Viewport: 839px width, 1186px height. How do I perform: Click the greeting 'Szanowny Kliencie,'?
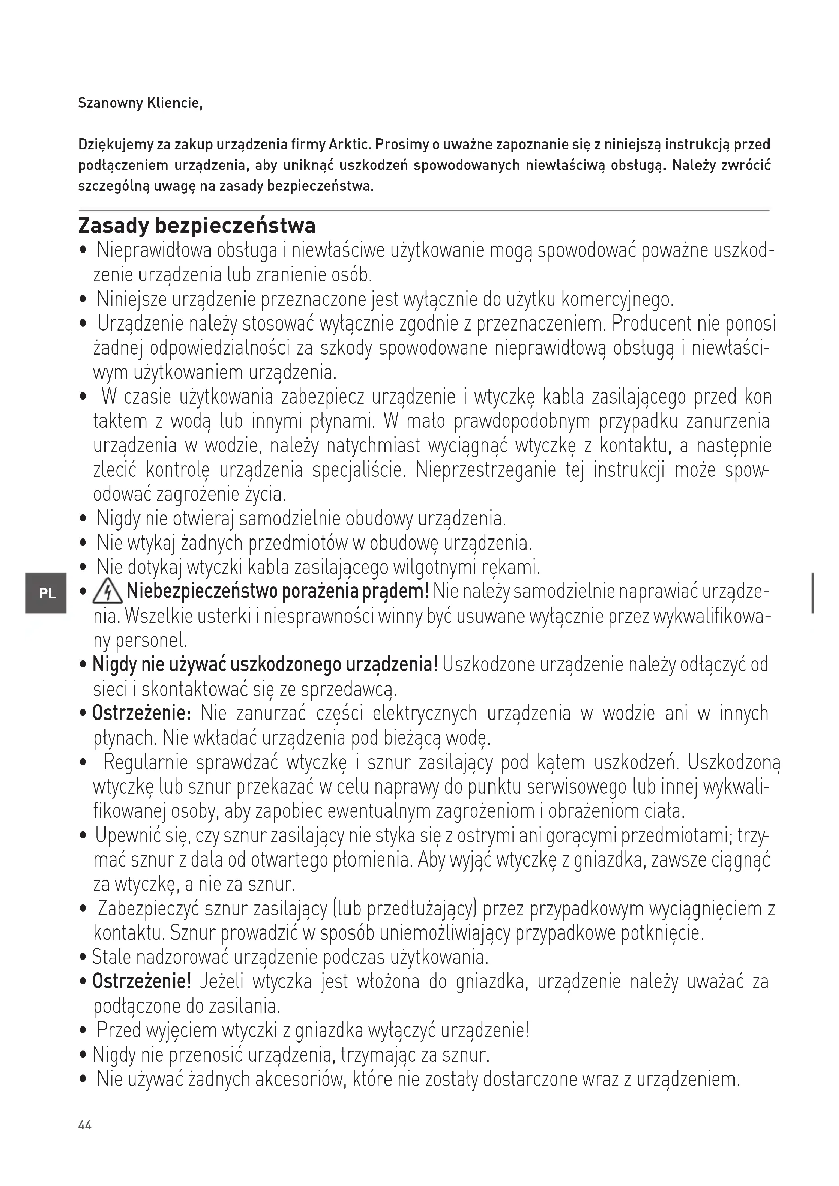click(140, 103)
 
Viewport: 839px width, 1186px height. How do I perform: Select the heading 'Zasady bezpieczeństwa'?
click(197, 226)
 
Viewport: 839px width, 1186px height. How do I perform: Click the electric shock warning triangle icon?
click(107, 592)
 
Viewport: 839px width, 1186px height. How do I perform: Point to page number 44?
click(85, 1125)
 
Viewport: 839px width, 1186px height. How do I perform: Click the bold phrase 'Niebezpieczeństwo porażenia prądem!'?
click(277, 591)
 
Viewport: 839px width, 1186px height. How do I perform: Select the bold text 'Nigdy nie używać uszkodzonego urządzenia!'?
click(265, 664)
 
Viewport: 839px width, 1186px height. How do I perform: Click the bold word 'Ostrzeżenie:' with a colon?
click(142, 713)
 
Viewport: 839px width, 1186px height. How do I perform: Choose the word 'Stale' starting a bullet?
click(111, 957)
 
